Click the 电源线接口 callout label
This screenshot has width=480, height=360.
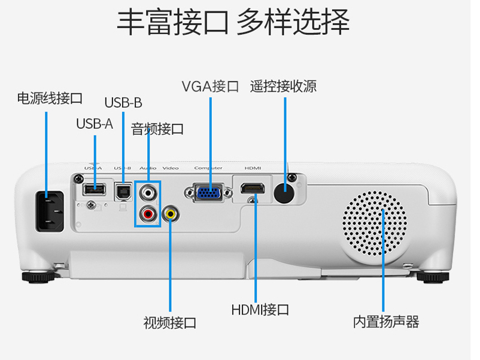point(49,98)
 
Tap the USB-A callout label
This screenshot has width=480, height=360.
point(94,124)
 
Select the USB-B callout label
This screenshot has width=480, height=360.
point(123,103)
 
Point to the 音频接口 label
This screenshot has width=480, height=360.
point(157,129)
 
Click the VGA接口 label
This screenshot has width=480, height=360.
point(210,86)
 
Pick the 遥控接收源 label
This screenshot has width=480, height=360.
point(284,86)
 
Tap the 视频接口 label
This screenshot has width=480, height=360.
point(170,323)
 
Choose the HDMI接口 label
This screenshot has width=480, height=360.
point(260,310)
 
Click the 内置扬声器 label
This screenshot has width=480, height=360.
point(386,322)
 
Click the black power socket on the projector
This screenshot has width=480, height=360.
point(50,211)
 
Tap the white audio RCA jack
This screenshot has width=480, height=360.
point(148,193)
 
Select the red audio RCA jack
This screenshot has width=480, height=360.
point(148,213)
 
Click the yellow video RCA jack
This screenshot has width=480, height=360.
point(171,213)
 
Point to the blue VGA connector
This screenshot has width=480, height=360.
point(208,193)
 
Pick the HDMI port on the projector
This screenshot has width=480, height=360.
point(254,190)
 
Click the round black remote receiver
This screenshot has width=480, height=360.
point(284,193)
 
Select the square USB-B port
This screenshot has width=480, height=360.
point(123,190)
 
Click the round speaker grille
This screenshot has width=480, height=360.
point(375,223)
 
